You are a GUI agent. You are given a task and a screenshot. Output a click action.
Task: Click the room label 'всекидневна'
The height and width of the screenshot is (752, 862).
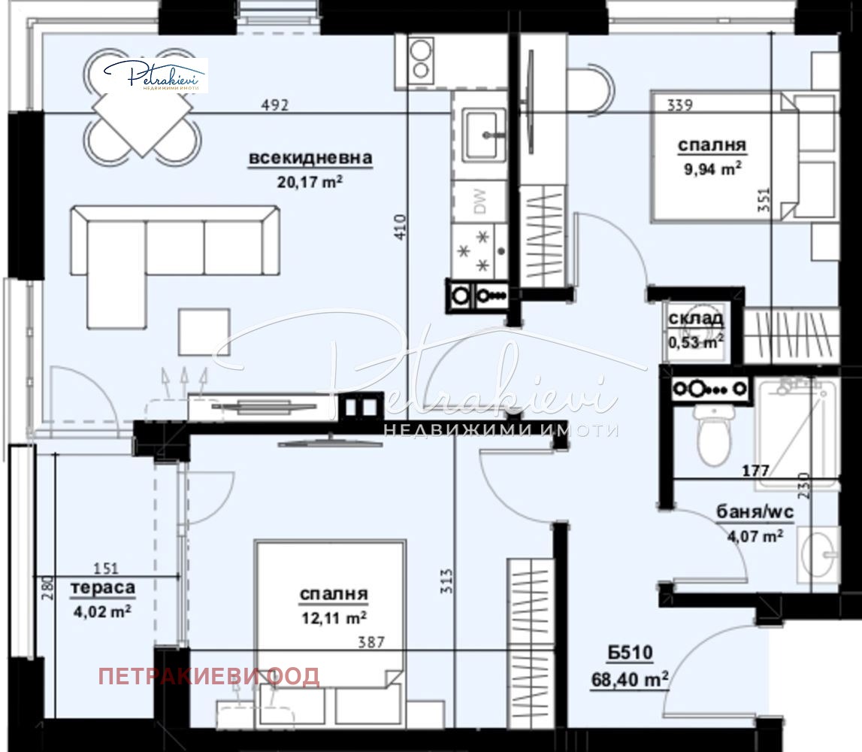(x=310, y=159)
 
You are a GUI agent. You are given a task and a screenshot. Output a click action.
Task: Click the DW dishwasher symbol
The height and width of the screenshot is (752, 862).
(x=479, y=201)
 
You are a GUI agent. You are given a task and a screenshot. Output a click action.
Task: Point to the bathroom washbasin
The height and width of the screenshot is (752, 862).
(x=819, y=555)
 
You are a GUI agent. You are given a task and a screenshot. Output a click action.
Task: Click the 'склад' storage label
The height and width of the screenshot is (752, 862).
(x=696, y=319)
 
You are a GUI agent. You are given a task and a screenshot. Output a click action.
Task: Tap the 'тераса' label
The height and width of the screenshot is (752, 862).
(x=103, y=588)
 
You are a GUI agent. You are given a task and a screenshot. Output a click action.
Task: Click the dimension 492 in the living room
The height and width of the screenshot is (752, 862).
(x=275, y=105)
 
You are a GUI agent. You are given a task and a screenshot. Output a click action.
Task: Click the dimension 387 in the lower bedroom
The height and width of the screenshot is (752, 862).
(x=371, y=643)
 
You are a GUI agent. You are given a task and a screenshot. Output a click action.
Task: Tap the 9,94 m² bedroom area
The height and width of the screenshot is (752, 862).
(x=709, y=169)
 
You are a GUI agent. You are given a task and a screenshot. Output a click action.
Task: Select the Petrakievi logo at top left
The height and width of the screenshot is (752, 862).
(x=155, y=75)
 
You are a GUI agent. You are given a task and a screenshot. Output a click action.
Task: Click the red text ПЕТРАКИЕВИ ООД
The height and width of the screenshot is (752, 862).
(x=209, y=676)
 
